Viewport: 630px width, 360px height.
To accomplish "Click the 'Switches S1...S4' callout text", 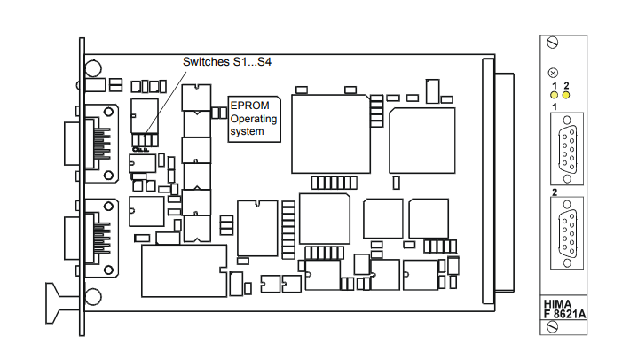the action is pyautogui.click(x=227, y=62).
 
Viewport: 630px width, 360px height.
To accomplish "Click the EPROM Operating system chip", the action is pyautogui.click(x=254, y=119).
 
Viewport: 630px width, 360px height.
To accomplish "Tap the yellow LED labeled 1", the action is pyautogui.click(x=555, y=95).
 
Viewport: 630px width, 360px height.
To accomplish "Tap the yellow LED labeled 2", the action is pyautogui.click(x=566, y=95).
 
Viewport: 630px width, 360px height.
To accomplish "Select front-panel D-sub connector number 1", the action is pyautogui.click(x=567, y=149).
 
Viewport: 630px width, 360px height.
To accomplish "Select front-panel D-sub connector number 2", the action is pyautogui.click(x=567, y=233).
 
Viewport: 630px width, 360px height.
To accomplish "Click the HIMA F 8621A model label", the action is pyautogui.click(x=564, y=309).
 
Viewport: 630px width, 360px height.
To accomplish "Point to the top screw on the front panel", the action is pyautogui.click(x=553, y=43).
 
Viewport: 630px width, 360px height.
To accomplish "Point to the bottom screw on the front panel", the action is pyautogui.click(x=553, y=327).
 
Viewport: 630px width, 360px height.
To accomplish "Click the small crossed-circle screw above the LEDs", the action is pyautogui.click(x=554, y=73).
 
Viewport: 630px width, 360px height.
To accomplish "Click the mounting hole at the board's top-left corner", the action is pyautogui.click(x=93, y=68).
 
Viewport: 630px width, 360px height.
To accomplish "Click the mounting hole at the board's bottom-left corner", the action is pyautogui.click(x=93, y=297).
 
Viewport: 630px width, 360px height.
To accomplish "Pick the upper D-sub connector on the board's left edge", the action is pyautogui.click(x=91, y=144).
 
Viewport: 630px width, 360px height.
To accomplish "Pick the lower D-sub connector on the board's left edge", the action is pyautogui.click(x=91, y=238).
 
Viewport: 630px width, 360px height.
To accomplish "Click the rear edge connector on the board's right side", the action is pyautogui.click(x=498, y=182).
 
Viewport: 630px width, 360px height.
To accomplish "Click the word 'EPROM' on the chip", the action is pyautogui.click(x=249, y=106).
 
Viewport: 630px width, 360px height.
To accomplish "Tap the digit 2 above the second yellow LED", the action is pyautogui.click(x=566, y=85).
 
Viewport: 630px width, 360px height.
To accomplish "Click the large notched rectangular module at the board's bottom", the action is pyautogui.click(x=184, y=270).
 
